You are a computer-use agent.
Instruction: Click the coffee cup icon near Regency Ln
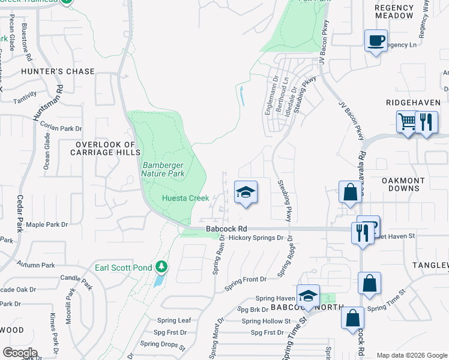coord(376,41)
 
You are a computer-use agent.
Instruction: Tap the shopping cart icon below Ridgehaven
coord(408,122)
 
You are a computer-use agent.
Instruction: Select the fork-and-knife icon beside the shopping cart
coord(426,122)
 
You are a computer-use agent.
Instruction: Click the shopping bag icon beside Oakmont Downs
coord(349,193)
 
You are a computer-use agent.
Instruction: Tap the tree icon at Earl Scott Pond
coord(160,266)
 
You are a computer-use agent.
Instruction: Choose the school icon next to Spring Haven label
coord(308,296)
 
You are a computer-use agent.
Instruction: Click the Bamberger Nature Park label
coord(163,169)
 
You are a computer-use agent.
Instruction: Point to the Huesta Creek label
coord(185,198)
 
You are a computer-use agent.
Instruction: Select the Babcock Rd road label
coord(226,229)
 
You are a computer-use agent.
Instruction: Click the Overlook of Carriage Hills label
coord(106,148)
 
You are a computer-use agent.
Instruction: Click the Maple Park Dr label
coord(54,224)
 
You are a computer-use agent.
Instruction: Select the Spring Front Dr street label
coord(245,279)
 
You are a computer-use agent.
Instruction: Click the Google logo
coord(20,353)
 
